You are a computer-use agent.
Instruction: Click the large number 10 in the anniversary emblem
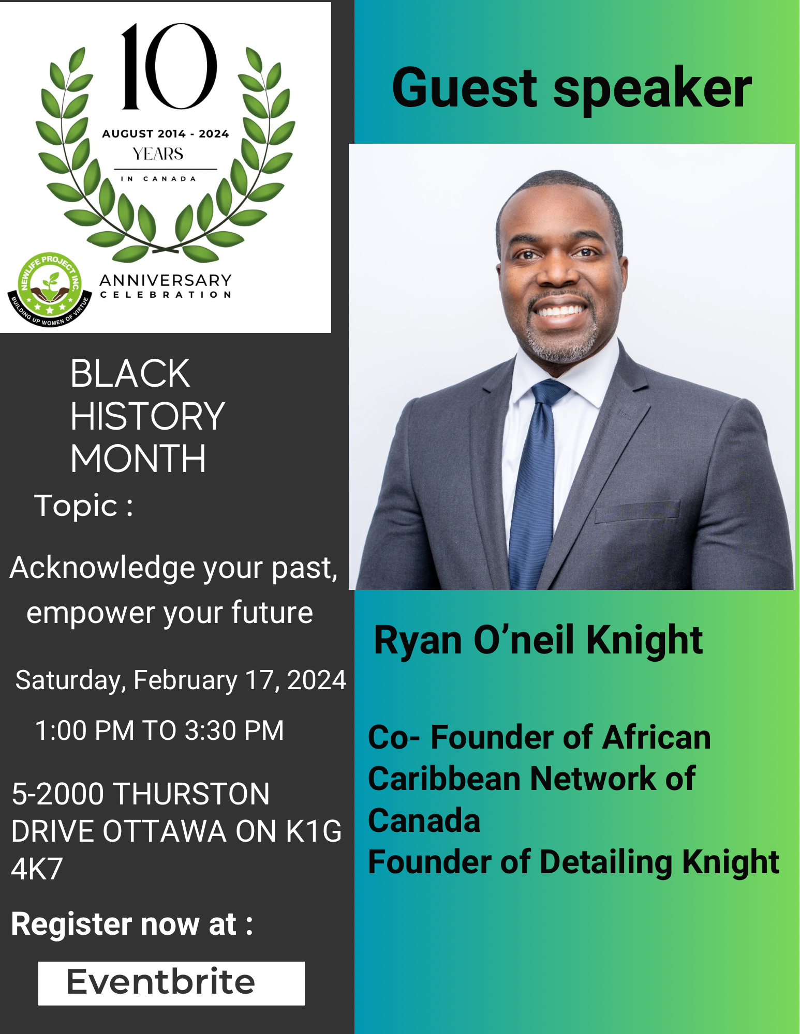coord(169,66)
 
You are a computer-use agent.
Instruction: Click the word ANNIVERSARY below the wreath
coord(166,280)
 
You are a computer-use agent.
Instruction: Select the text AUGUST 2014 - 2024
coord(166,134)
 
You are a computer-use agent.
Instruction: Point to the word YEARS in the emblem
coord(158,154)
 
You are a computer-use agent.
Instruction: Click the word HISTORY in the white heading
coord(147,416)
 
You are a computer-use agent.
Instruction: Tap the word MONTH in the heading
coord(138,459)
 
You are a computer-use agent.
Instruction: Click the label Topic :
coord(84,506)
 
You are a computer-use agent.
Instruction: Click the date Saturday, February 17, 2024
coord(181,680)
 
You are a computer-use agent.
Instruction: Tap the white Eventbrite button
coord(171,983)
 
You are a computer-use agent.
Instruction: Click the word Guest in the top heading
coord(465,88)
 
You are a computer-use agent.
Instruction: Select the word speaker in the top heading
coord(653,91)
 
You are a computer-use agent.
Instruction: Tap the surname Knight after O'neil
coord(644,640)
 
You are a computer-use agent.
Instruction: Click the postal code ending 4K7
coord(37,869)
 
